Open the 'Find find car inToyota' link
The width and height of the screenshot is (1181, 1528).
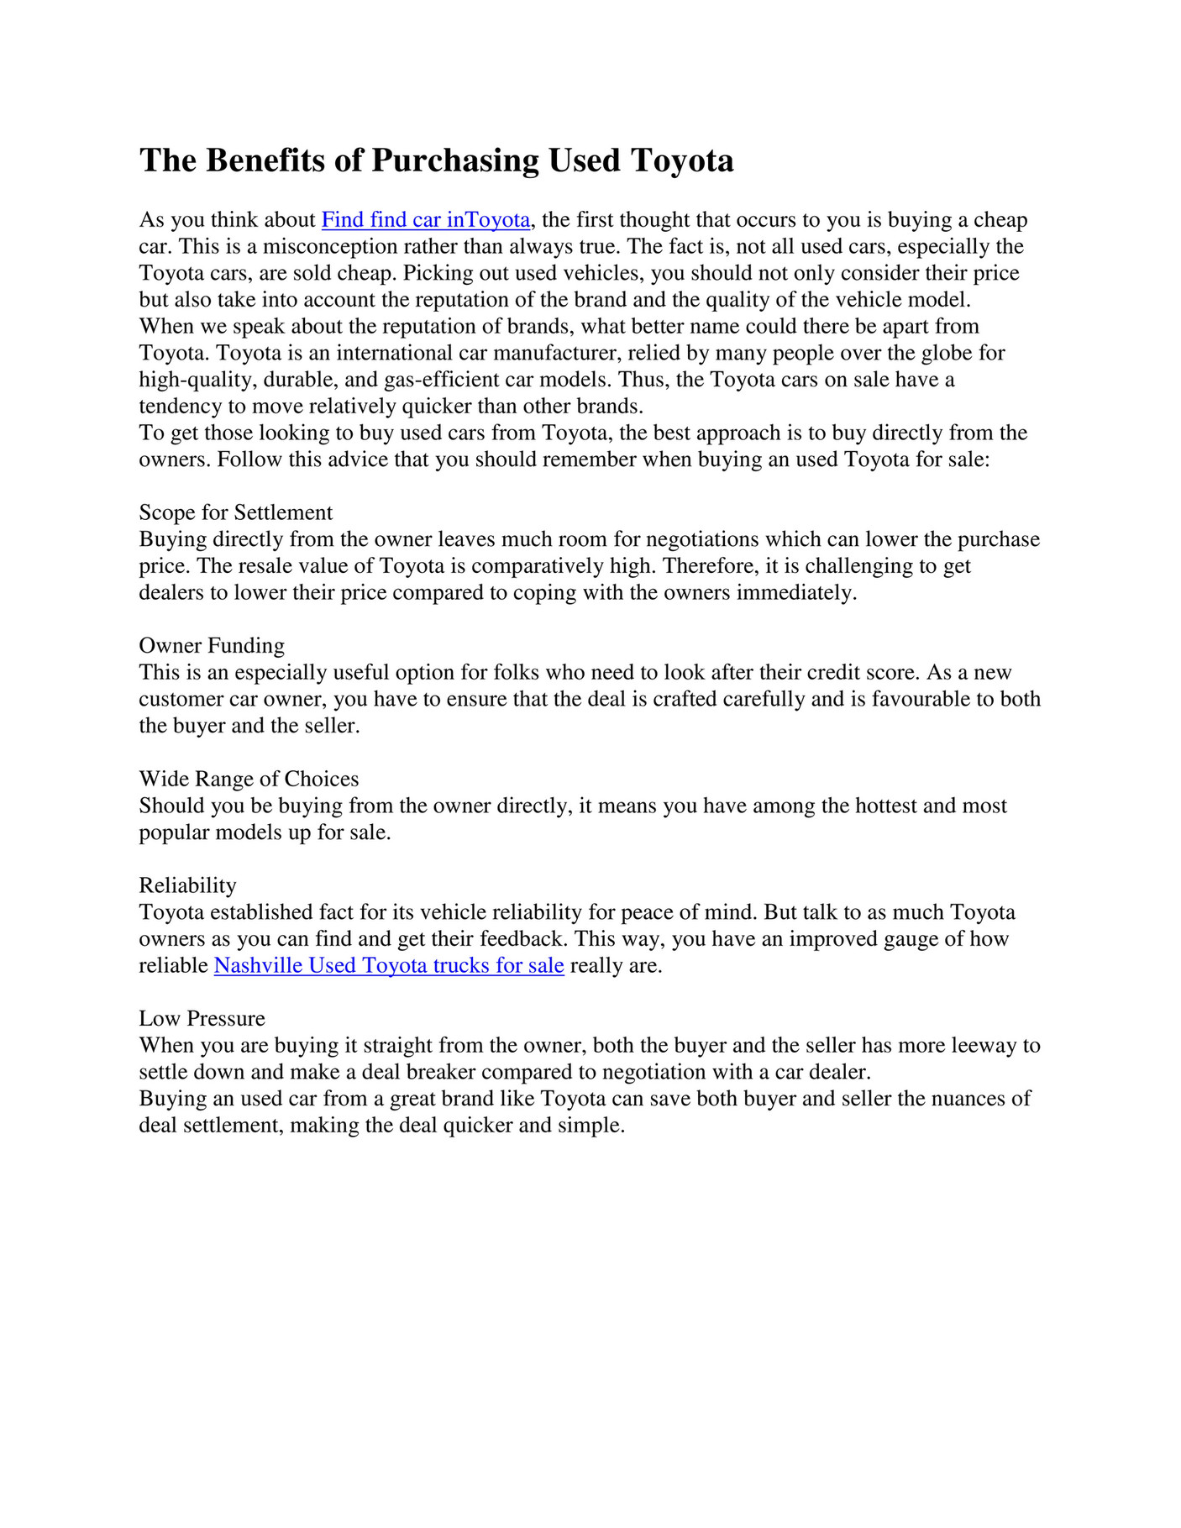(x=426, y=220)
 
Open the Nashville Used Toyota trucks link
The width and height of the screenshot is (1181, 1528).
(x=389, y=966)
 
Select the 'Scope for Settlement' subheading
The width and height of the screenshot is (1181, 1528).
(x=236, y=512)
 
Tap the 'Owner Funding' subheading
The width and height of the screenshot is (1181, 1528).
(x=212, y=646)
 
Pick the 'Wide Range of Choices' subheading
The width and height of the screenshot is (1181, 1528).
(x=249, y=779)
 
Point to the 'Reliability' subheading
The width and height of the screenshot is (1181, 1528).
(x=188, y=885)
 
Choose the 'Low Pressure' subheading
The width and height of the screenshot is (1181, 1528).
(x=202, y=1019)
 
